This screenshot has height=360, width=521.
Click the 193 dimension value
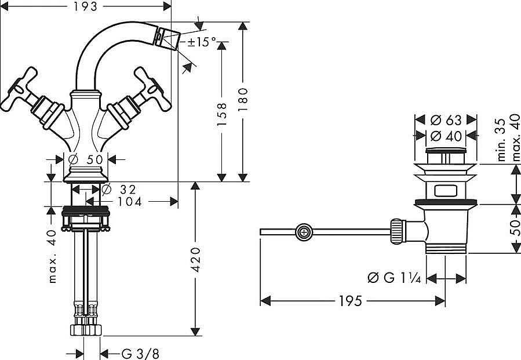pos(85,6)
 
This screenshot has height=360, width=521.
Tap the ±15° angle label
pos(201,42)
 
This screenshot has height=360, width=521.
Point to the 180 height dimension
pos(243,99)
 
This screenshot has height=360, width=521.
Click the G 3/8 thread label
pos(140,353)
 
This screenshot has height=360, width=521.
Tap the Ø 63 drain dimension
pos(446,120)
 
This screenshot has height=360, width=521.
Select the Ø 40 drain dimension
pos(446,136)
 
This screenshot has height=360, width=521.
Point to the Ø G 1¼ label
pos(393,278)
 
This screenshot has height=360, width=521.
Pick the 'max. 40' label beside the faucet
pos(53,256)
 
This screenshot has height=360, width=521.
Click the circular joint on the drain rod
pos(303,232)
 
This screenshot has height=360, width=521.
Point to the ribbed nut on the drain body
pos(397,230)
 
